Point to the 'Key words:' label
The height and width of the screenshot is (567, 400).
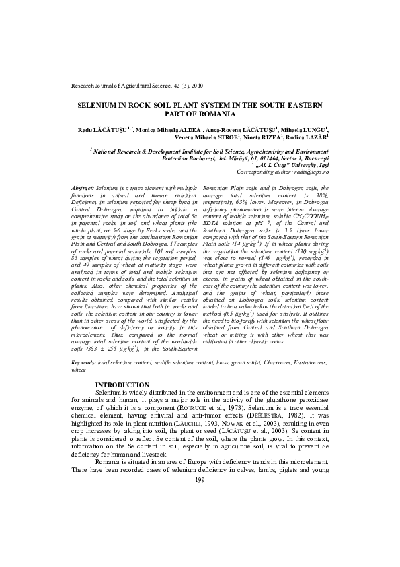pyautogui.click(x=84, y=362)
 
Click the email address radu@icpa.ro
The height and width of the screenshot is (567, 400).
pyautogui.click(x=309, y=172)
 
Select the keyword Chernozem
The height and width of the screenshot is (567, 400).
pyautogui.click(x=266, y=362)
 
